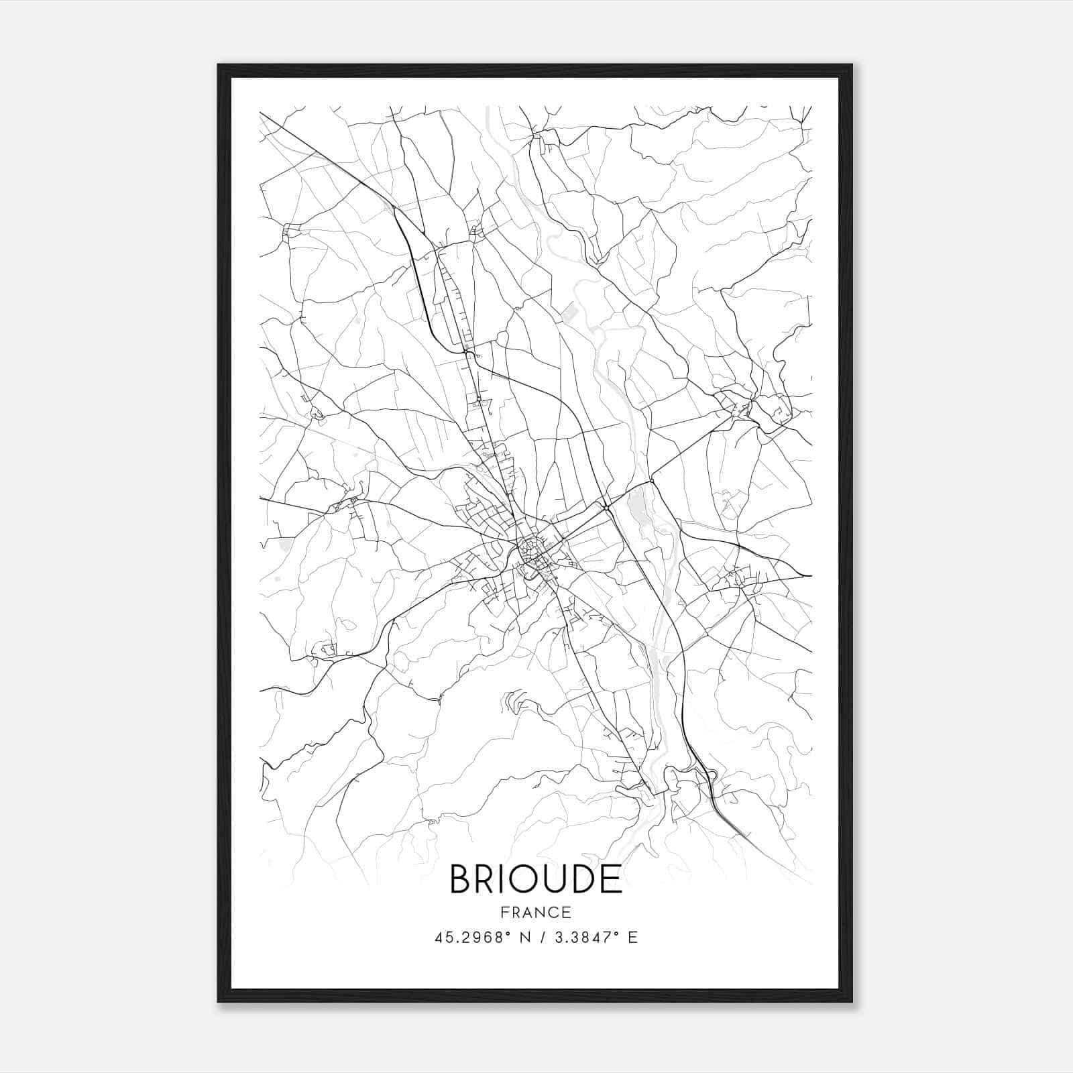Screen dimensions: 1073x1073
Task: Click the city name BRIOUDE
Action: (x=536, y=879)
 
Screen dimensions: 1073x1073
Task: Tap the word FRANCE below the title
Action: (x=536, y=912)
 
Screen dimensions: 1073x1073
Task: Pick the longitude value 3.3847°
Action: (x=585, y=938)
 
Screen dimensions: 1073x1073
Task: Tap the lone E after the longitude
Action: (x=632, y=938)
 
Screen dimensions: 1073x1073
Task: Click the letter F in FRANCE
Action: (x=504, y=912)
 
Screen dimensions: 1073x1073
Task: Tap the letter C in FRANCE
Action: (x=554, y=912)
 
